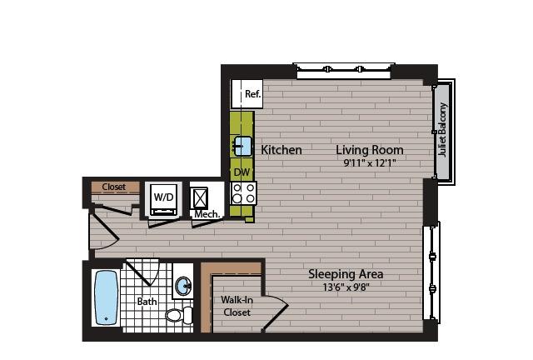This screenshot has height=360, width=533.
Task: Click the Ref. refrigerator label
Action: [x=253, y=93]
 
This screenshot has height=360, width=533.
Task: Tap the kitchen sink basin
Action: [x=242, y=146]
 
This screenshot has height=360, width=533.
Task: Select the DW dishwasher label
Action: [x=242, y=172]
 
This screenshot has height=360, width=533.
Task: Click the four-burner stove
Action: [x=243, y=193]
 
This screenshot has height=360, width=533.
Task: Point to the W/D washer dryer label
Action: [x=163, y=197]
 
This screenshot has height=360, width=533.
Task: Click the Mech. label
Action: [x=207, y=214]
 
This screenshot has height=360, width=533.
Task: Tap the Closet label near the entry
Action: [x=114, y=187]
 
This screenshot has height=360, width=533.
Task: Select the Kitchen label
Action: [x=281, y=150]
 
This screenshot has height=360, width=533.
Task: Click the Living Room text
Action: [x=370, y=150]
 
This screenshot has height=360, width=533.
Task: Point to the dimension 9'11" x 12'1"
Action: [x=370, y=163]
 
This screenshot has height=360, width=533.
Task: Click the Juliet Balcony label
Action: [x=442, y=130]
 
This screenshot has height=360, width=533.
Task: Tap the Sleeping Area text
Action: [x=346, y=274]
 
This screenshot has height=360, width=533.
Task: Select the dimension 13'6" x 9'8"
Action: [x=346, y=287]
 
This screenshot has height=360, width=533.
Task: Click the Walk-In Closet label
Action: [x=237, y=306]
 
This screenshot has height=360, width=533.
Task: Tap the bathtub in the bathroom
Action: [x=106, y=297]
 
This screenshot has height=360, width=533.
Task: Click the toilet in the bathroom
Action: [x=179, y=315]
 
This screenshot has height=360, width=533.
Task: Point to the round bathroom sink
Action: [x=183, y=286]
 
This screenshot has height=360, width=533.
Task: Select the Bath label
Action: [x=147, y=302]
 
